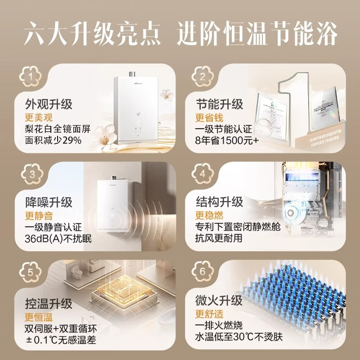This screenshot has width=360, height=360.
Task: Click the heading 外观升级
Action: [x=49, y=104]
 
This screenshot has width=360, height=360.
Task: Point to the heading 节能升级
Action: [x=219, y=104]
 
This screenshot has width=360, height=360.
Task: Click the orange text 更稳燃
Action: [x=209, y=215]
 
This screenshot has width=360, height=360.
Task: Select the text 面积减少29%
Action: [x=54, y=141]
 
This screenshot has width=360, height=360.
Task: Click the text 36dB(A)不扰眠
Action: [x=58, y=238]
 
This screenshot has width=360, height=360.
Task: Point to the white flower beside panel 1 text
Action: [x=104, y=133]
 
